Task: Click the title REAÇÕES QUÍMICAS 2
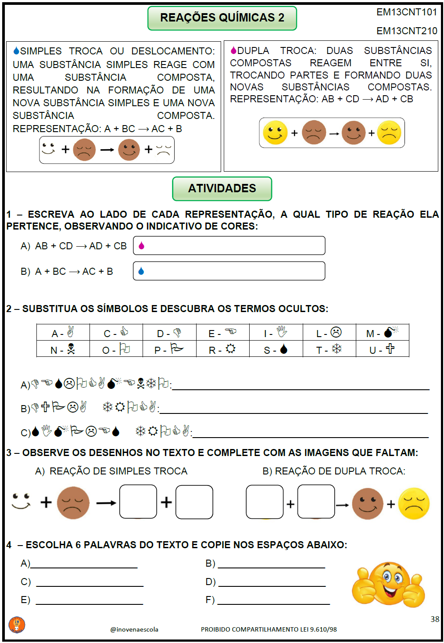tap(222, 18)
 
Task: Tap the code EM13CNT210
tap(407, 31)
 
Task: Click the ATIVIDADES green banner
tap(222, 188)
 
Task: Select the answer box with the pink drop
tap(229, 246)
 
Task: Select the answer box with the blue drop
tap(229, 271)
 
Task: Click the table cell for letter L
tap(329, 333)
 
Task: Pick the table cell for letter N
tap(63, 349)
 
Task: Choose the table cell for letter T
tap(329, 349)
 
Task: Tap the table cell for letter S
tap(276, 349)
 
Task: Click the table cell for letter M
tap(382, 333)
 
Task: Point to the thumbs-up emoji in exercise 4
tap(388, 584)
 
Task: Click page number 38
tap(434, 619)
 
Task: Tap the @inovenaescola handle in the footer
tap(134, 629)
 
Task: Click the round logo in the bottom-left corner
tap(17, 625)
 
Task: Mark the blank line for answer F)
tap(273, 603)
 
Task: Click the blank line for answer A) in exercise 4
tap(84, 567)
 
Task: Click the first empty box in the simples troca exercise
tap(138, 502)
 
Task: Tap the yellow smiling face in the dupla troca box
tap(275, 133)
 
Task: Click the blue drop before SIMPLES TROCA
tap(16, 51)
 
